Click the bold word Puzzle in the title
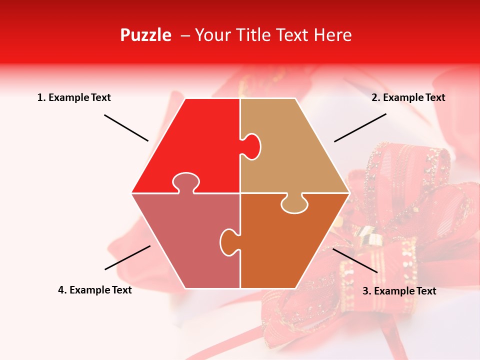[x=145, y=35]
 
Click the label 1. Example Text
[x=74, y=97]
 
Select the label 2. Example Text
[x=408, y=97]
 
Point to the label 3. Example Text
[x=399, y=291]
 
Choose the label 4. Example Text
[x=95, y=290]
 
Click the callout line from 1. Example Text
[x=126, y=127]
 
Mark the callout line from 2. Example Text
[x=360, y=127]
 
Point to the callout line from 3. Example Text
[x=354, y=260]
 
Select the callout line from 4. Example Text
[x=127, y=257]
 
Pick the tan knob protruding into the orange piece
[x=294, y=204]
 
